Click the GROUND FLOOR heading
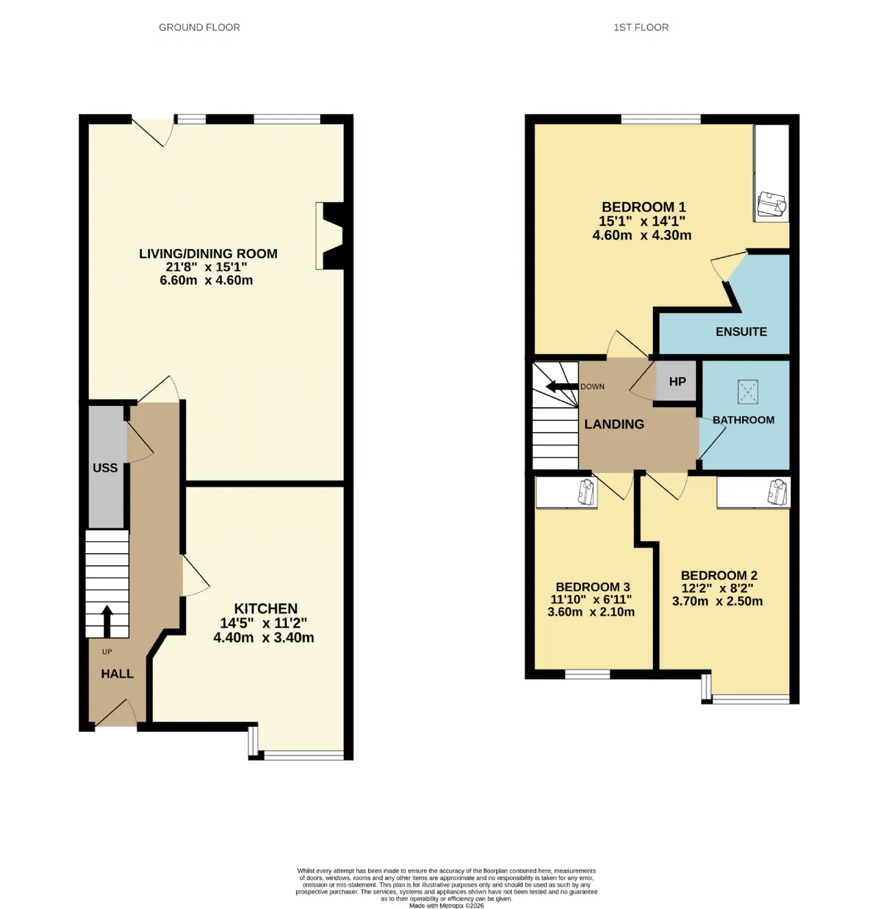tap(199, 27)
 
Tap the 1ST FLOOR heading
tap(641, 27)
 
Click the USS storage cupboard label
tap(106, 468)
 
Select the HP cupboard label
tap(678, 382)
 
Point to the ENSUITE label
tap(741, 332)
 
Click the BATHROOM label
tap(743, 420)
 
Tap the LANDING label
tap(615, 424)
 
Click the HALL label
tap(117, 674)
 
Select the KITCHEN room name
tap(266, 609)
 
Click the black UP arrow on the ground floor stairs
tap(107, 621)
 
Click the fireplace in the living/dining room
tap(330, 236)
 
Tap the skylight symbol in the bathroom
tap(748, 392)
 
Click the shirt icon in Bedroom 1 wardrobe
tap(771, 204)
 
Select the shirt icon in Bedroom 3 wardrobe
tap(586, 492)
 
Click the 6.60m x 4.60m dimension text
tap(206, 280)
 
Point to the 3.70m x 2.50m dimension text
tap(717, 601)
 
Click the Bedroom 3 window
tap(588, 674)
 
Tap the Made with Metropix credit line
tap(447, 906)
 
